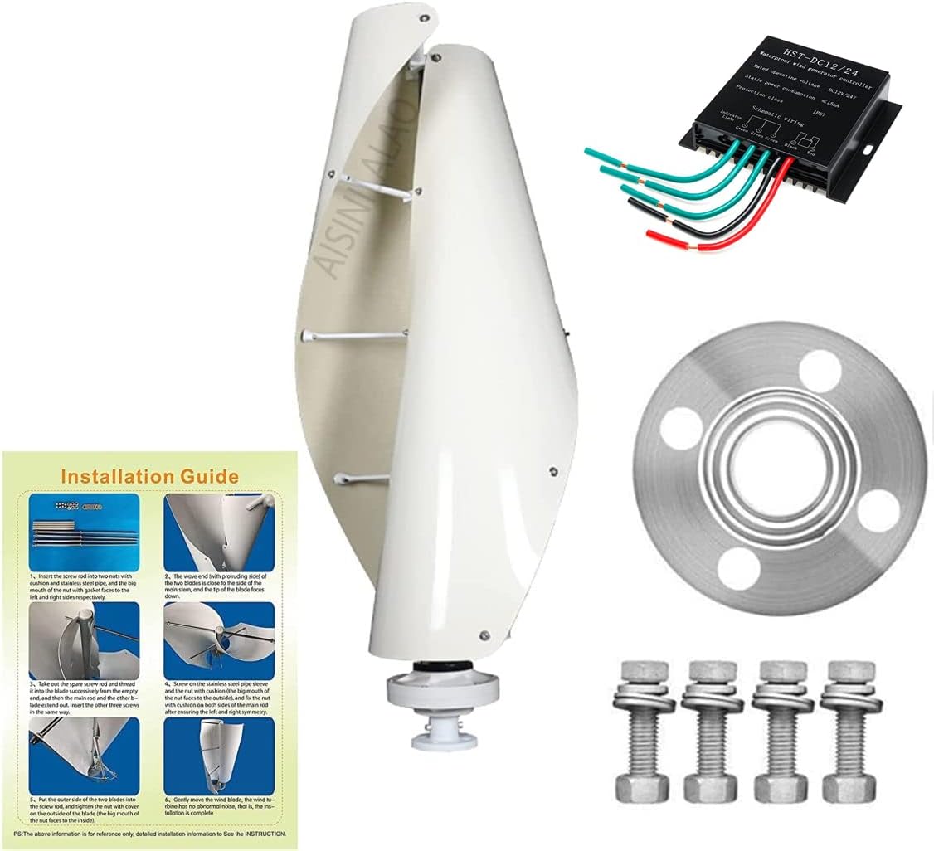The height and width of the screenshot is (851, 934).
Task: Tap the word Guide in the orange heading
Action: coord(207,476)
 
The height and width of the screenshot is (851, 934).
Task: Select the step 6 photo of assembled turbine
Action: coord(218,754)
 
